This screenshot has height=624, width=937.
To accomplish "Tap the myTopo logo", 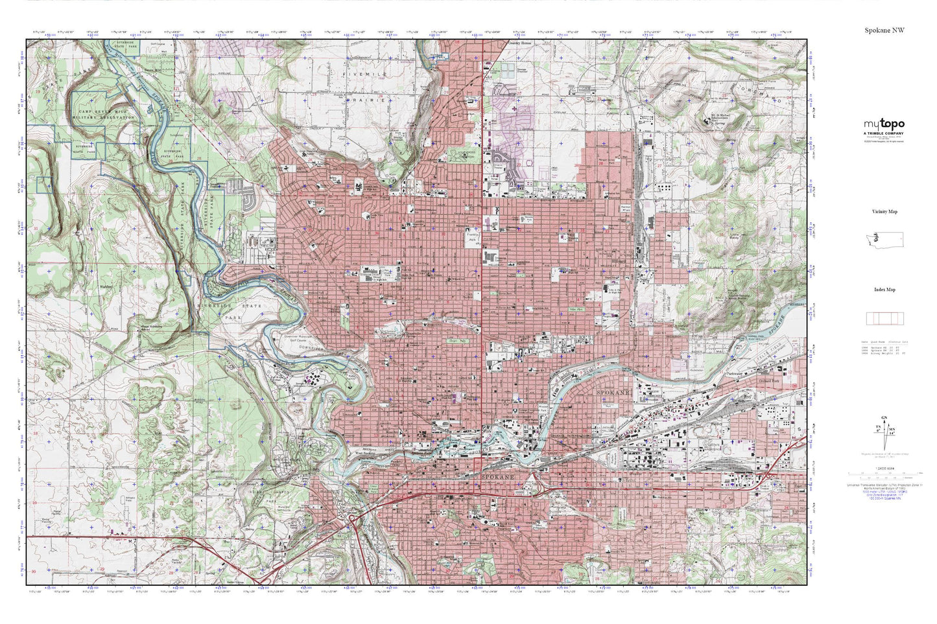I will click(884, 124).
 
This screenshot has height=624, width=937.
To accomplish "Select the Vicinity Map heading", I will click(884, 211).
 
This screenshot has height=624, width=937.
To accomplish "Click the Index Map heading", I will click(884, 290).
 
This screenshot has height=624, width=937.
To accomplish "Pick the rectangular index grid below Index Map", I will click(884, 318).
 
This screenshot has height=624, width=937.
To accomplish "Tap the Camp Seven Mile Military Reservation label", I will click(106, 114).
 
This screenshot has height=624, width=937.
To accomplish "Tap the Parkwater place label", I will click(734, 374).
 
